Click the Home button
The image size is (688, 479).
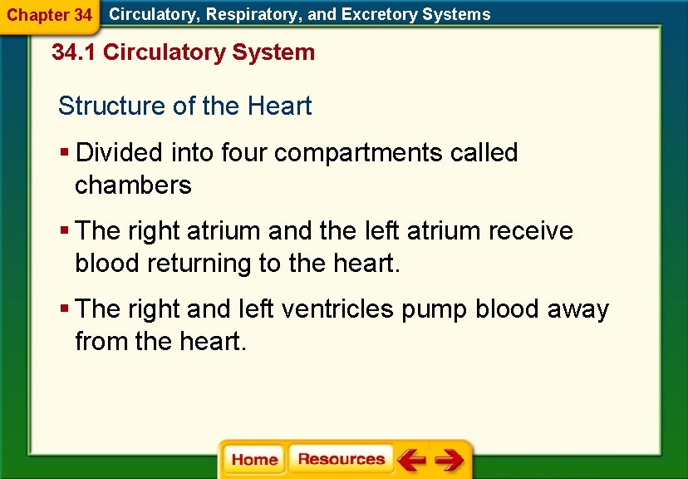[254, 460]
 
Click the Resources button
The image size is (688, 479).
[341, 459]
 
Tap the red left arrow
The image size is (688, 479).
[410, 460]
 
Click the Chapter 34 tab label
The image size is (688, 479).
[49, 15]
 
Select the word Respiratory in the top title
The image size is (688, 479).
[248, 14]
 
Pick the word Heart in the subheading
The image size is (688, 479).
[279, 106]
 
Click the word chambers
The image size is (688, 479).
[133, 185]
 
